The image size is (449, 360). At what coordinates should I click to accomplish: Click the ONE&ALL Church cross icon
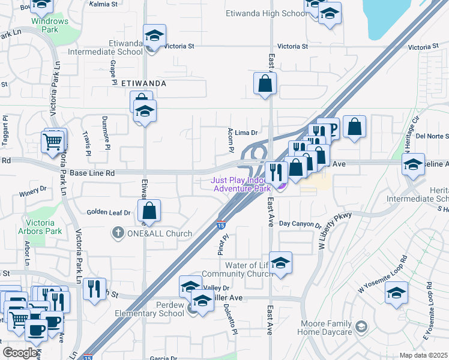pyautogui.click(x=118, y=233)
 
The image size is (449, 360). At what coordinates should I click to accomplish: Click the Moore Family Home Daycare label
pyautogui.click(x=325, y=328)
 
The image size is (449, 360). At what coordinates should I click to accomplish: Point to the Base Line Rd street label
pyautogui.click(x=92, y=173)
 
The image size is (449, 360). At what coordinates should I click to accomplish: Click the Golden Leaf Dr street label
pyautogui.click(x=109, y=212)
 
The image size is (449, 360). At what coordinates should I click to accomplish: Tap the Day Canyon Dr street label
pyautogui.click(x=300, y=224)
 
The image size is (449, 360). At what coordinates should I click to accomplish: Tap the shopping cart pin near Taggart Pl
pyautogui.click(x=53, y=142)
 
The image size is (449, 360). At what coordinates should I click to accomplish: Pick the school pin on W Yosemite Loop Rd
pyautogui.click(x=396, y=293)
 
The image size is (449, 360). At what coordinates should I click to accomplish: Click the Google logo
pyautogui.click(x=20, y=353)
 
